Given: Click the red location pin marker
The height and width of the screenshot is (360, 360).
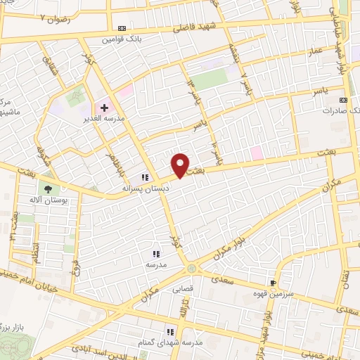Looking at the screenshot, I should point(181,164).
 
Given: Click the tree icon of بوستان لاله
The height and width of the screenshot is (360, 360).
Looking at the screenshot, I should point(49,188).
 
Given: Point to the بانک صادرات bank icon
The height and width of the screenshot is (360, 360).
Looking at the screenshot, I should point(343,100).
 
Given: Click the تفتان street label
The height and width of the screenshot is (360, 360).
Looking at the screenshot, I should point(344,278).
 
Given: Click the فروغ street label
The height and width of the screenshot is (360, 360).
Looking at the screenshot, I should point(75,264).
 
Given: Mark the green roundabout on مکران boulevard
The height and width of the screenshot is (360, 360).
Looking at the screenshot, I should point(192,269).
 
